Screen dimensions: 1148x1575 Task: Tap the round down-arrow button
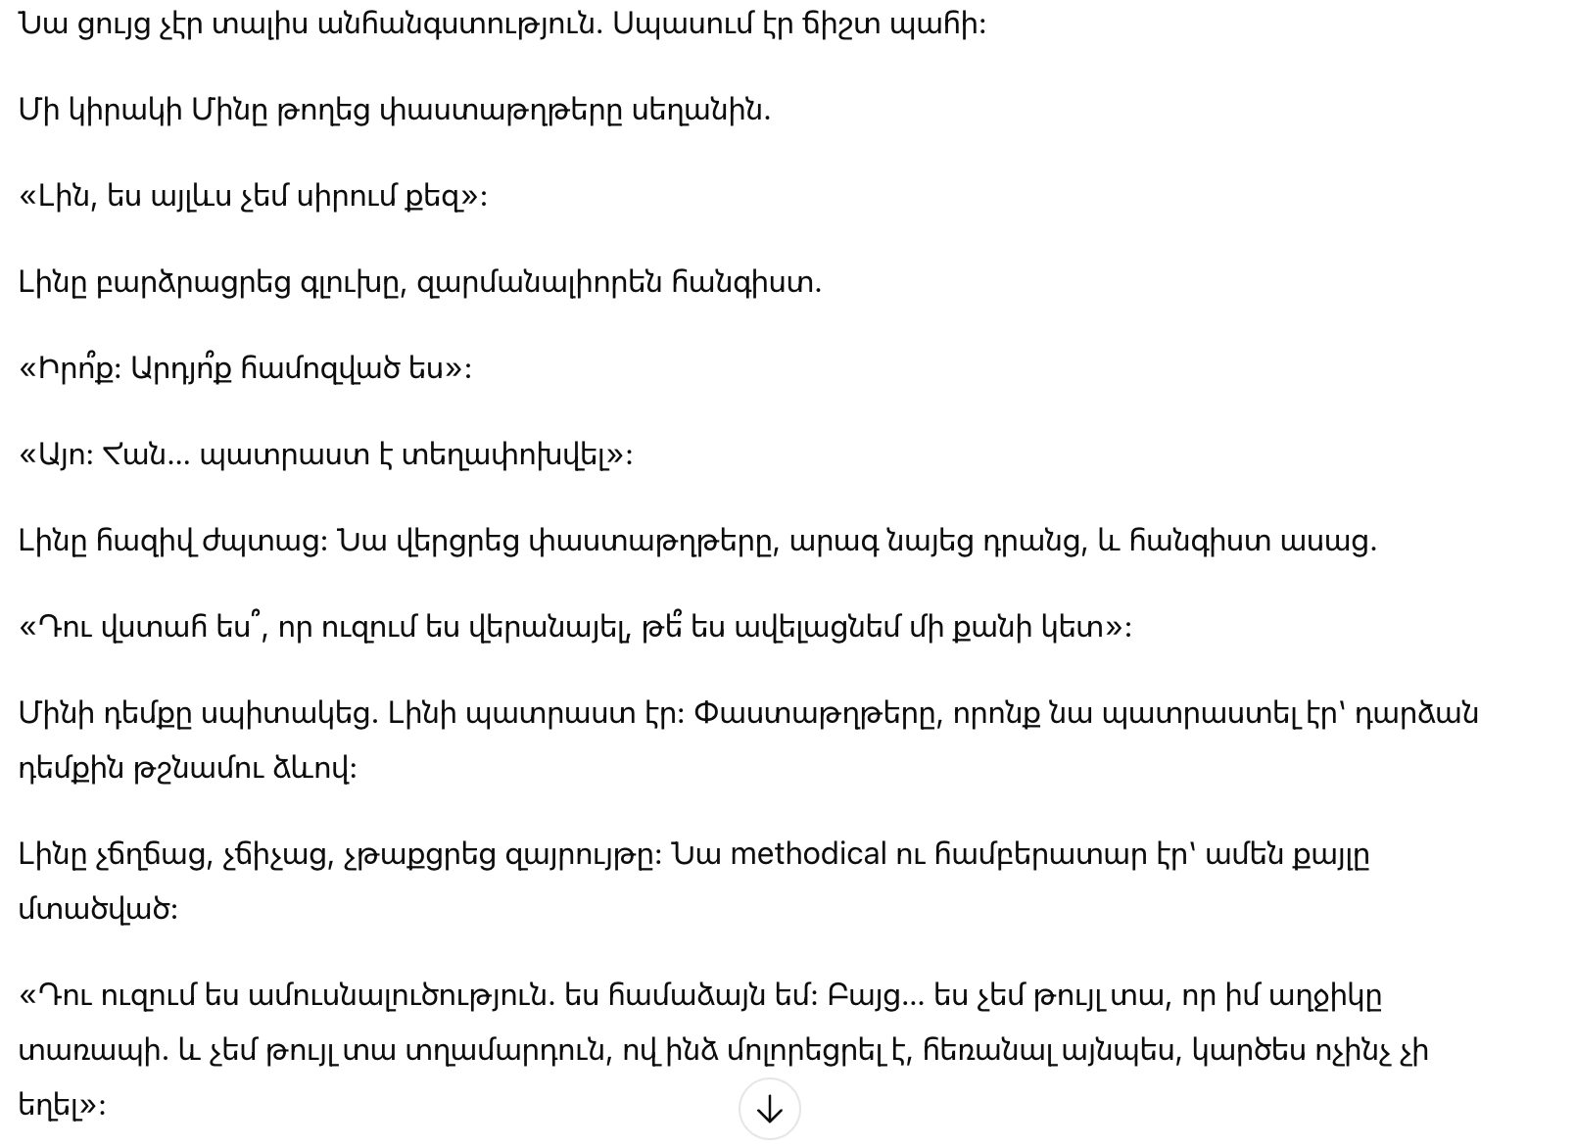coord(770,1109)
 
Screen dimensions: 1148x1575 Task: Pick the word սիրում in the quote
coord(350,196)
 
